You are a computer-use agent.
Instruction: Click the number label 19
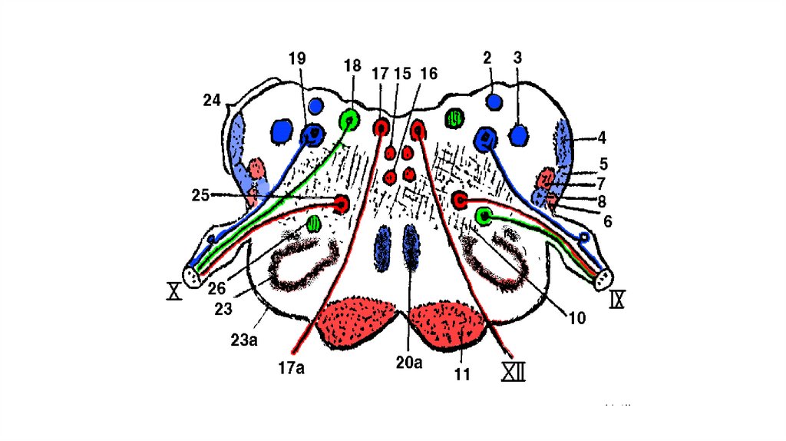(298, 58)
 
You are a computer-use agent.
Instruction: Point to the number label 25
(201, 196)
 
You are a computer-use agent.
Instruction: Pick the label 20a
(408, 361)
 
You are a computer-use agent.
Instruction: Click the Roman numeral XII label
(513, 372)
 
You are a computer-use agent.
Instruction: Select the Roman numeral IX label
(617, 299)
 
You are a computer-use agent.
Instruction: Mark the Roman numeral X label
(175, 291)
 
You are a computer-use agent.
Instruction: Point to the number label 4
(602, 139)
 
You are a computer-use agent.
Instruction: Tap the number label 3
(517, 58)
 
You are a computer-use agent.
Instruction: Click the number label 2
(487, 58)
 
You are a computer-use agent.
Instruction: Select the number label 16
(428, 74)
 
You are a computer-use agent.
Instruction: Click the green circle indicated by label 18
(349, 120)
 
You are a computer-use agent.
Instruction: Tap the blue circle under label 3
(519, 136)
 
